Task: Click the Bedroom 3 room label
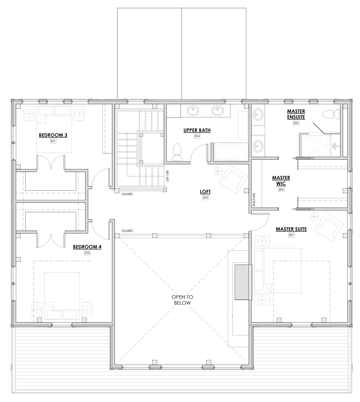point(53,135)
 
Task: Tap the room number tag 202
point(87,253)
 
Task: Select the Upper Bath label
point(197,130)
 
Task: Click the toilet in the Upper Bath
point(177,152)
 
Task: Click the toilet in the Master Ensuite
point(331,115)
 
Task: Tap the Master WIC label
point(281,180)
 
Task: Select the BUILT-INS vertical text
point(254,199)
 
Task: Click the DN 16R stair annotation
point(167,176)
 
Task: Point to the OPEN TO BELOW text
point(182,300)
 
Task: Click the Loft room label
point(205,192)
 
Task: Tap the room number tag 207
point(291,235)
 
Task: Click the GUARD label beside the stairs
point(127,194)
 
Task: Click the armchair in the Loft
point(233,179)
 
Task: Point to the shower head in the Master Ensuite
point(335,146)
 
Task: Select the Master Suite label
point(291,229)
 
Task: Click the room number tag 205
point(296,123)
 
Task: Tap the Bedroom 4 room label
point(87,247)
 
